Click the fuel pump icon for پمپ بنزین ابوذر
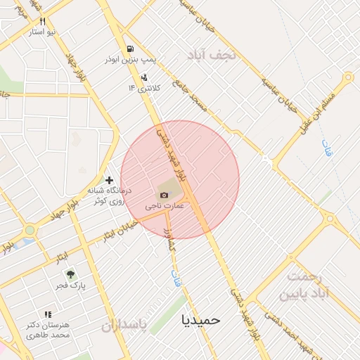131,49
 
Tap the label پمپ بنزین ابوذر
131,61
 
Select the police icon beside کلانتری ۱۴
144,77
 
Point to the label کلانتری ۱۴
143,88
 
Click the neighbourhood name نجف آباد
214,54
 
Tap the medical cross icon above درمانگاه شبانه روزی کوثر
109,181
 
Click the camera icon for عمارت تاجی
165,195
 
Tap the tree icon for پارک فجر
70,274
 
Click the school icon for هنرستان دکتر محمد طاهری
48,314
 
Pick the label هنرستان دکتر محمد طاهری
49,330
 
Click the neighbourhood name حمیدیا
200,320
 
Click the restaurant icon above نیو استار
42,22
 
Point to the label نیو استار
43,32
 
